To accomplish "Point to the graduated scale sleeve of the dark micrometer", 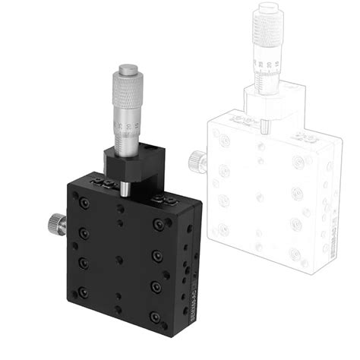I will (x=125, y=129).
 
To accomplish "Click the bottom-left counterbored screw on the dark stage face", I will (x=83, y=290).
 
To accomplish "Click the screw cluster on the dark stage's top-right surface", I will (x=161, y=201).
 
